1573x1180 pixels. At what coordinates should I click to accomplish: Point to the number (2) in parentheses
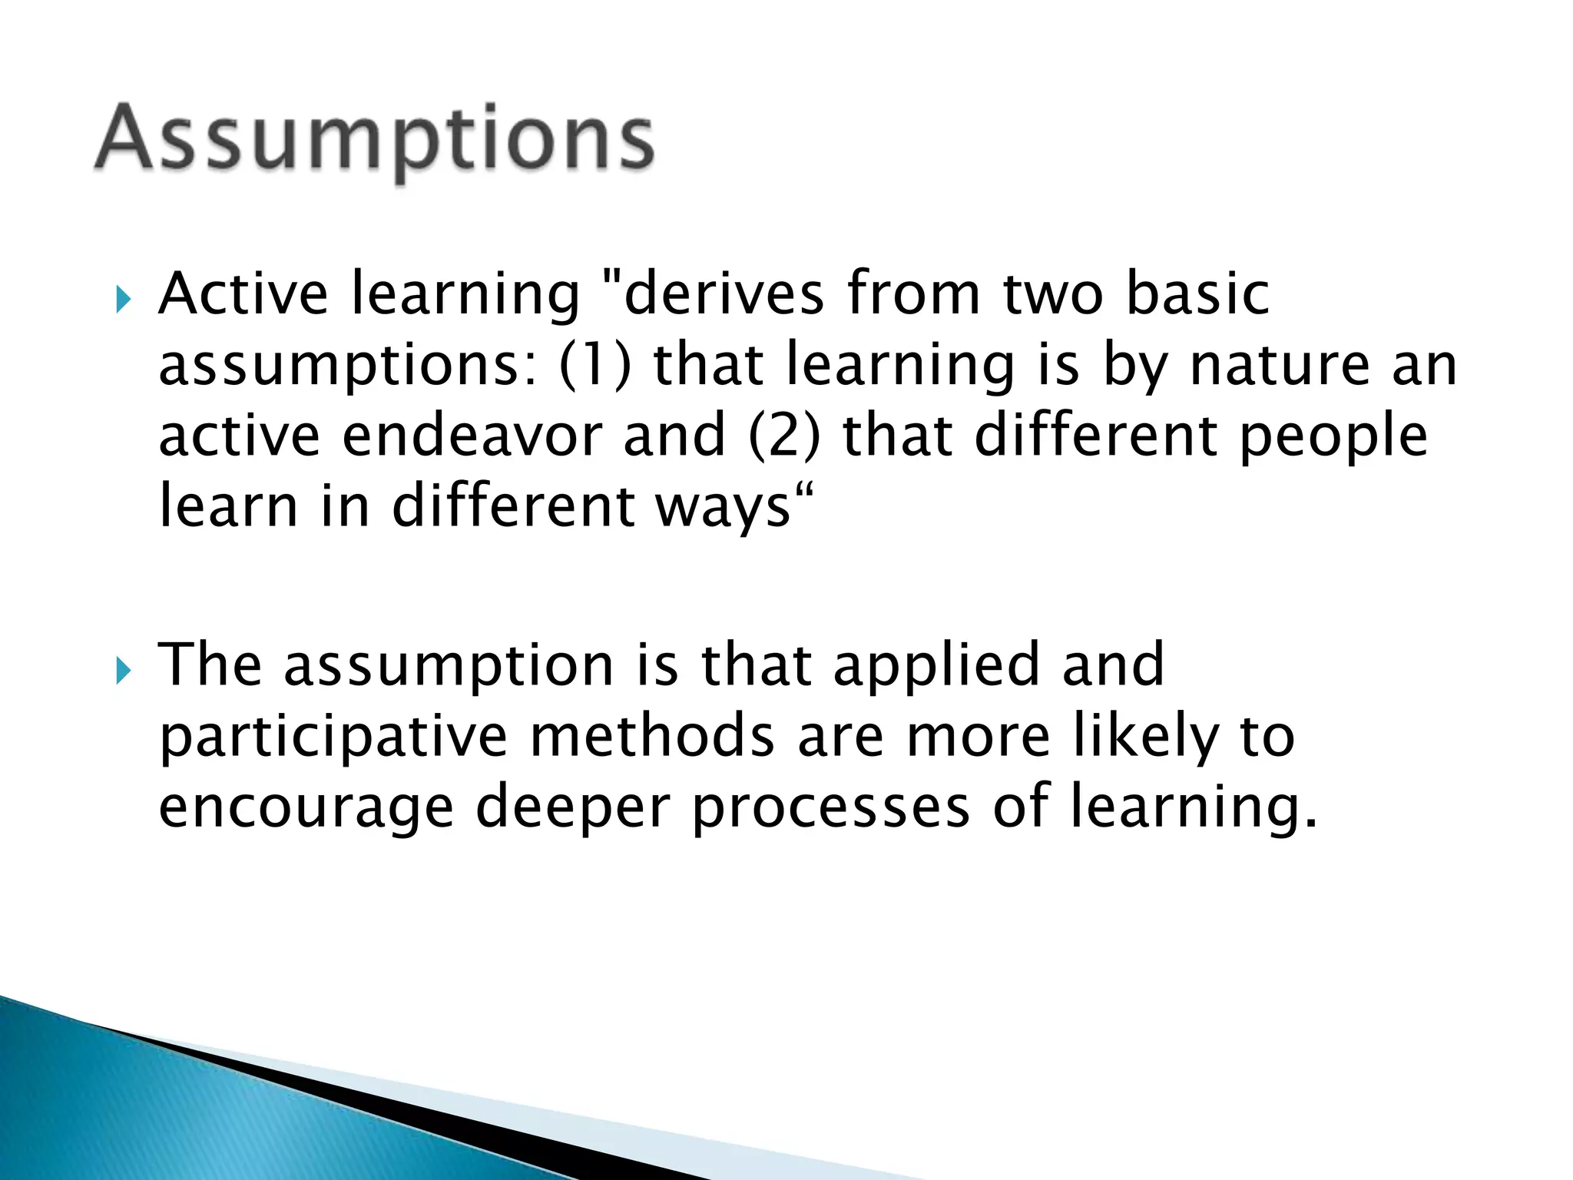(784, 435)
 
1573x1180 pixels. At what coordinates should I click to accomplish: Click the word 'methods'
(652, 736)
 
